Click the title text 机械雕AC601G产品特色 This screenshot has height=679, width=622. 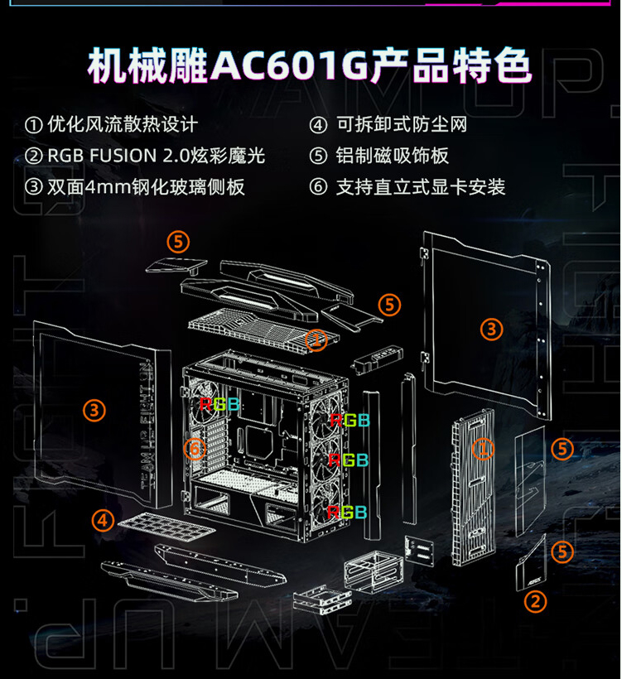[309, 65]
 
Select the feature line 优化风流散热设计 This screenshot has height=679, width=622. [123, 125]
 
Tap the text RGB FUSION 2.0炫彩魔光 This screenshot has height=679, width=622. [156, 156]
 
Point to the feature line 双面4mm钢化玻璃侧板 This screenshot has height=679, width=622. [146, 187]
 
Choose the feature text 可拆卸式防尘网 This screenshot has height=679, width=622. [402, 125]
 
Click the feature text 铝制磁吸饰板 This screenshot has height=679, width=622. [393, 156]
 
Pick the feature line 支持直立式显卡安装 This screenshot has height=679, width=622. [421, 187]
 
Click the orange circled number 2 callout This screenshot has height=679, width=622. [535, 602]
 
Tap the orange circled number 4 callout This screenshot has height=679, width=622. [103, 520]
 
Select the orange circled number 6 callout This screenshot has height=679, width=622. [195, 449]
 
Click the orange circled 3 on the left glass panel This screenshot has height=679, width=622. [94, 410]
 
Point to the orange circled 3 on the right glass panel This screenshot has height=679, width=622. [492, 329]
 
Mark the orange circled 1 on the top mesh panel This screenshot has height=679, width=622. [316, 340]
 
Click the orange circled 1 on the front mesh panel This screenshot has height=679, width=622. [483, 448]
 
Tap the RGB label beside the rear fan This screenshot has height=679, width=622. [219, 404]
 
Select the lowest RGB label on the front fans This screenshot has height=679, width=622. [347, 513]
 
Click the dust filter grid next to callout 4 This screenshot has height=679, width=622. [166, 524]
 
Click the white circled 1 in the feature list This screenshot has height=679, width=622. [34, 126]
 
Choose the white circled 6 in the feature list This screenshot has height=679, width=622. [318, 187]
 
